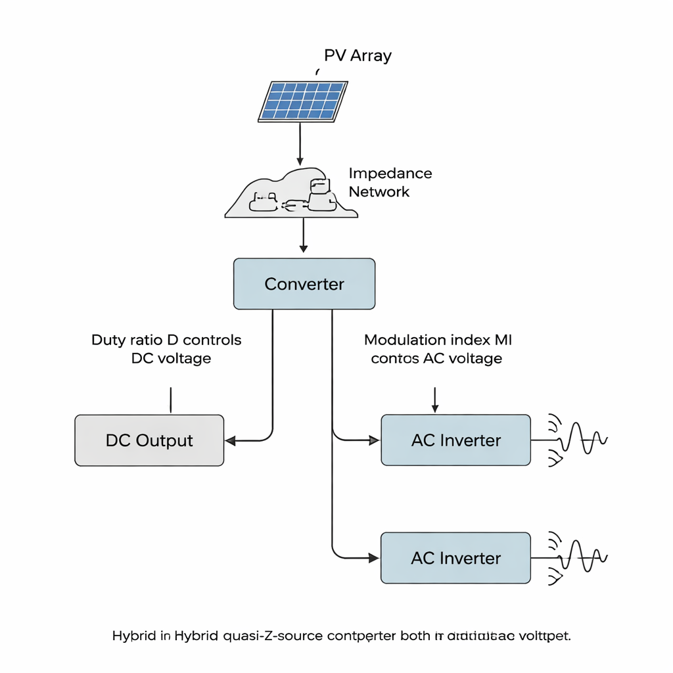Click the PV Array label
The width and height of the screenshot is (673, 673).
pos(358,55)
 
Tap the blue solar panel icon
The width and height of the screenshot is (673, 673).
pos(303,101)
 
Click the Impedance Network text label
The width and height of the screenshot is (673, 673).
pos(390,182)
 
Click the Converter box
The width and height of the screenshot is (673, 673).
pos(304,284)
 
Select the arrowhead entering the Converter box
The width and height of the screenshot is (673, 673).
pos(303,248)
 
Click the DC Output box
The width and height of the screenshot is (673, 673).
pos(149,440)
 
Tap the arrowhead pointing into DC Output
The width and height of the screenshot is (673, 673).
pos(230,440)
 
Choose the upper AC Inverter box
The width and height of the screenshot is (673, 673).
pos(455,440)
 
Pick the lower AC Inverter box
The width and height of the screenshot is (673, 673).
pos(455,558)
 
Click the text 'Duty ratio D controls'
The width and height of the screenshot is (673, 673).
pos(166,340)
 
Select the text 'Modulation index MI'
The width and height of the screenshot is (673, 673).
pos(438,340)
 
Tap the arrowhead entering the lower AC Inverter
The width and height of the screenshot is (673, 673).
pos(375,558)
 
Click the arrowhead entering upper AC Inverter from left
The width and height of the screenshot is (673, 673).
pos(375,440)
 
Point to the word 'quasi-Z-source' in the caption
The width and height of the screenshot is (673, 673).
pos(273,636)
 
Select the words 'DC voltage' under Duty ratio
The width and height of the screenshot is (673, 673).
pos(171,358)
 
